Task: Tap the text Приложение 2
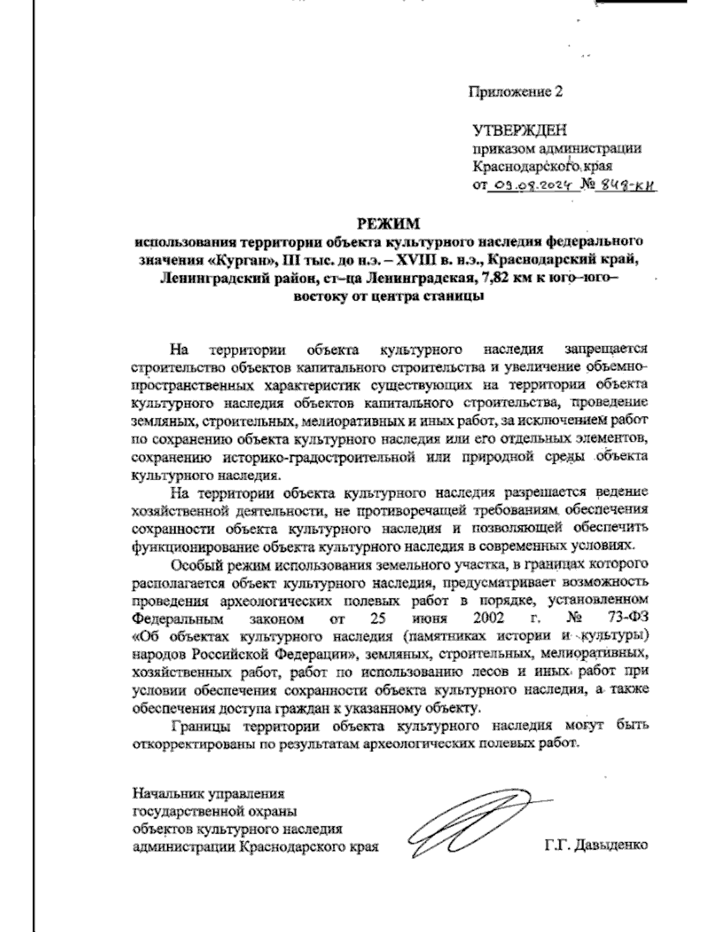pos(517,92)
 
